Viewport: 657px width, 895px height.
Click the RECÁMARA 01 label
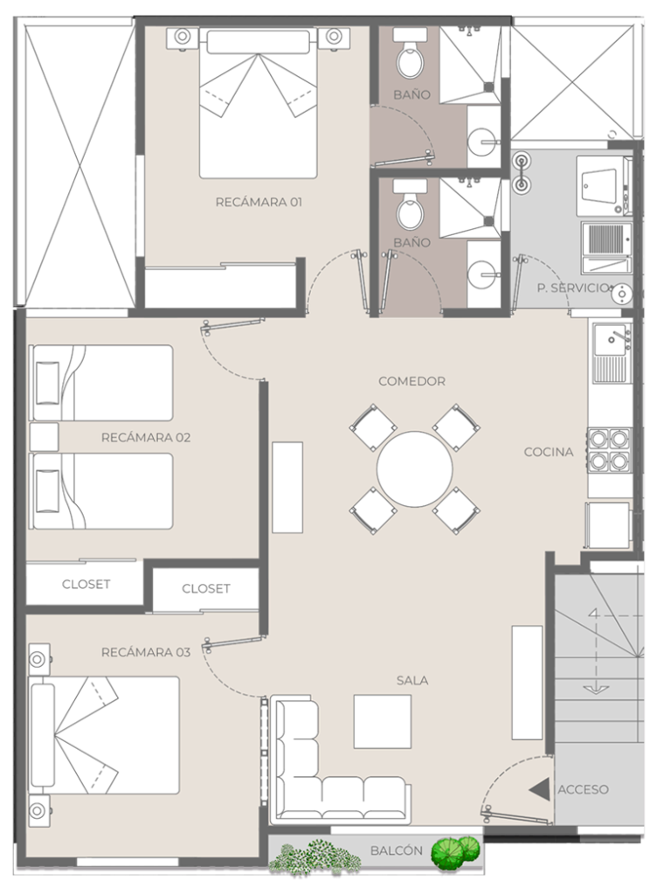(x=259, y=202)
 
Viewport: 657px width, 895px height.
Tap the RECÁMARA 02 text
(x=145, y=438)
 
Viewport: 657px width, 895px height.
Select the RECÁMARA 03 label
(x=145, y=652)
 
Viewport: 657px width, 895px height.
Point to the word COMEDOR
(x=411, y=381)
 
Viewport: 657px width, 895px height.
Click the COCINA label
(x=549, y=452)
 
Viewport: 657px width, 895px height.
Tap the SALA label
(x=412, y=680)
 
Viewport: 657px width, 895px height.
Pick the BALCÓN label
(x=397, y=850)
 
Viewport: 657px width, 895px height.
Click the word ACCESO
(x=583, y=789)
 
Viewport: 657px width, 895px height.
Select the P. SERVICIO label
(x=574, y=288)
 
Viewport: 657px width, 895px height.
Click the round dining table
(x=415, y=469)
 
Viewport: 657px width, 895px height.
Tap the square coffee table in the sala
(x=382, y=721)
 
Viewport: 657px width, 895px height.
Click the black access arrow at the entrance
(x=539, y=790)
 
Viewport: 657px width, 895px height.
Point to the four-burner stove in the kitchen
(x=609, y=450)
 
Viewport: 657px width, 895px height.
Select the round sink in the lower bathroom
(x=482, y=274)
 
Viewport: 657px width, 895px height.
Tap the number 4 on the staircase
(x=594, y=614)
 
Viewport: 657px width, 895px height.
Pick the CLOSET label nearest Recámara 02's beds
(x=86, y=585)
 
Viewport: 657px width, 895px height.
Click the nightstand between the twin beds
(x=45, y=437)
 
